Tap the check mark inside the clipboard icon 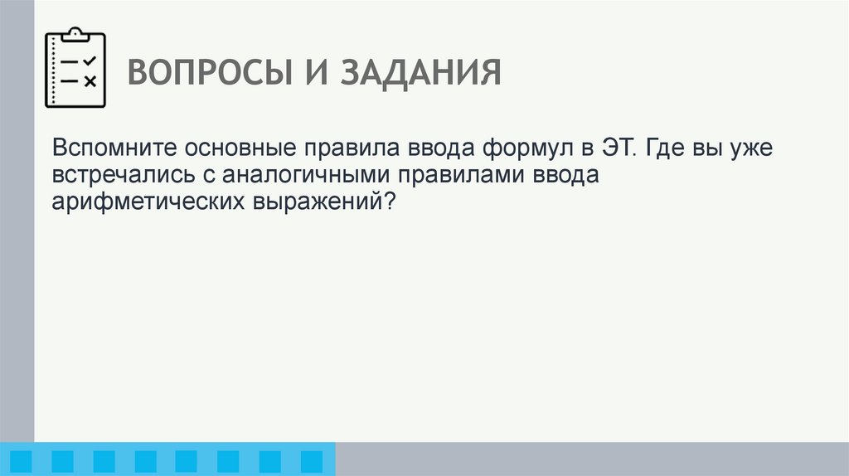pyautogui.click(x=90, y=61)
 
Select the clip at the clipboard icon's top pyautogui.click(x=75, y=33)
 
